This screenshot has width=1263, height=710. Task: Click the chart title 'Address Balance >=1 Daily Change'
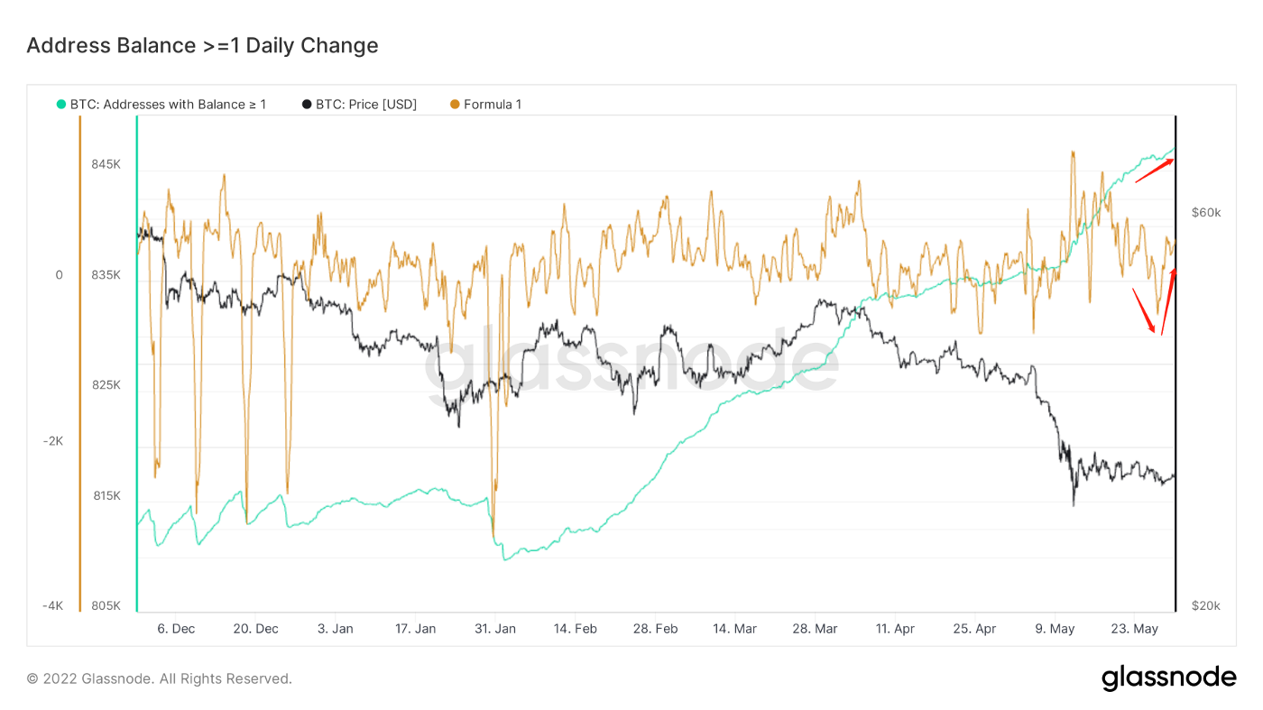tap(202, 45)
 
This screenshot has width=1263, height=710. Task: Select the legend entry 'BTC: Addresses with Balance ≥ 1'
tap(168, 105)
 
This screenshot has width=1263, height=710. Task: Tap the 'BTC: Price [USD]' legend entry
tap(366, 105)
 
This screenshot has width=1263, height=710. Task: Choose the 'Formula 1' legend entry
tap(493, 105)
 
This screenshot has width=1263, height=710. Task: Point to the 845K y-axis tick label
tap(106, 164)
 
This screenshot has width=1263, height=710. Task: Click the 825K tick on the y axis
tap(106, 385)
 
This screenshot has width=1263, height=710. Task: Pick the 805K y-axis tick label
tap(106, 605)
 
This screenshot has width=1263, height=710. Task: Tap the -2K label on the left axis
tap(52, 440)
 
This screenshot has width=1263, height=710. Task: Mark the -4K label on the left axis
tap(52, 605)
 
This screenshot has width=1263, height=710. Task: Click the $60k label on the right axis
tap(1205, 213)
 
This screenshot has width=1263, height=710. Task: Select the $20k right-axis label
tap(1205, 605)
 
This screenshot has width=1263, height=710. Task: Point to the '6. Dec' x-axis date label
tap(176, 629)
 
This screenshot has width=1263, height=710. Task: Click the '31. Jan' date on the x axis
tap(495, 629)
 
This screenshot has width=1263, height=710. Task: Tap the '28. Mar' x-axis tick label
tap(815, 629)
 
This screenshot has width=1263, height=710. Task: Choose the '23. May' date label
tap(1134, 629)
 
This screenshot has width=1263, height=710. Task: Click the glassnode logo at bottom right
tap(1168, 678)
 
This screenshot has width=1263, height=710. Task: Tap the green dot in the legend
tap(61, 105)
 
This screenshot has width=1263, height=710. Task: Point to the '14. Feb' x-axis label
tap(575, 629)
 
